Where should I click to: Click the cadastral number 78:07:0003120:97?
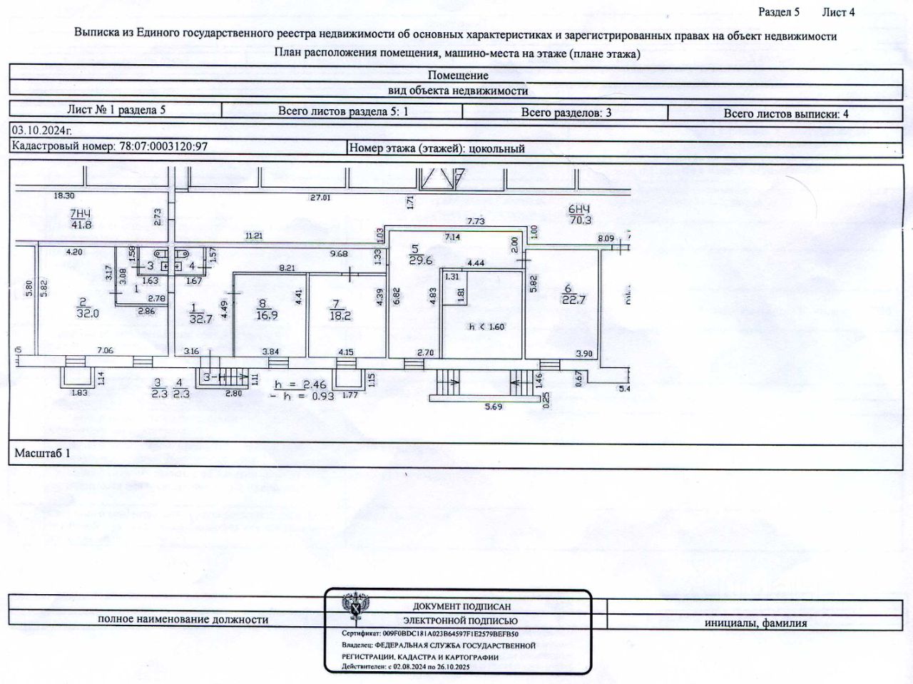click(x=163, y=146)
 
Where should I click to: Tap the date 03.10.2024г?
click(x=42, y=131)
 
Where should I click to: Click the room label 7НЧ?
click(x=81, y=213)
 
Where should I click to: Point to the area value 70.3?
click(x=580, y=220)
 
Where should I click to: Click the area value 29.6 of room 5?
click(x=420, y=260)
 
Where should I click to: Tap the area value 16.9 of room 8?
click(x=267, y=315)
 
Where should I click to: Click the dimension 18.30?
click(x=64, y=195)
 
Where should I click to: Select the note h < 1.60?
click(x=486, y=327)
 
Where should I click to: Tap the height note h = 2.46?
click(x=300, y=384)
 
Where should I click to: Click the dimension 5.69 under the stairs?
click(x=494, y=407)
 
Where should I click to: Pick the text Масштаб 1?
click(x=43, y=453)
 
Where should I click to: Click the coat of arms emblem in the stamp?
click(x=354, y=607)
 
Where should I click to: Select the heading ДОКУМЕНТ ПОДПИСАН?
click(x=461, y=606)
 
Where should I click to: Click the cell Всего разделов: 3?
click(x=566, y=112)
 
